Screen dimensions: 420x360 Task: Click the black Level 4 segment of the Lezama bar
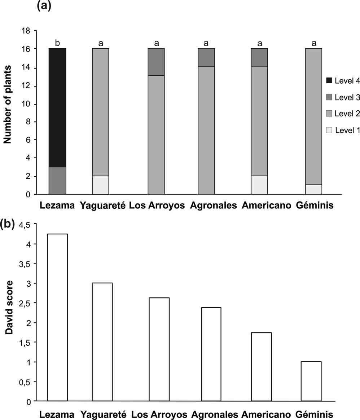pos(57,107)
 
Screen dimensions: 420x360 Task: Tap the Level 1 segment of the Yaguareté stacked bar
pos(101,185)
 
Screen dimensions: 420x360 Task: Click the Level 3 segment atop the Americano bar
pos(259,57)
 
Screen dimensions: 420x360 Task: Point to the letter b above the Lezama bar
pos(57,43)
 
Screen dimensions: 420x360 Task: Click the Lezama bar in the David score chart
pos(57,317)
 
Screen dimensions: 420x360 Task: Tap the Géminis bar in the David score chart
pos(311,381)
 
